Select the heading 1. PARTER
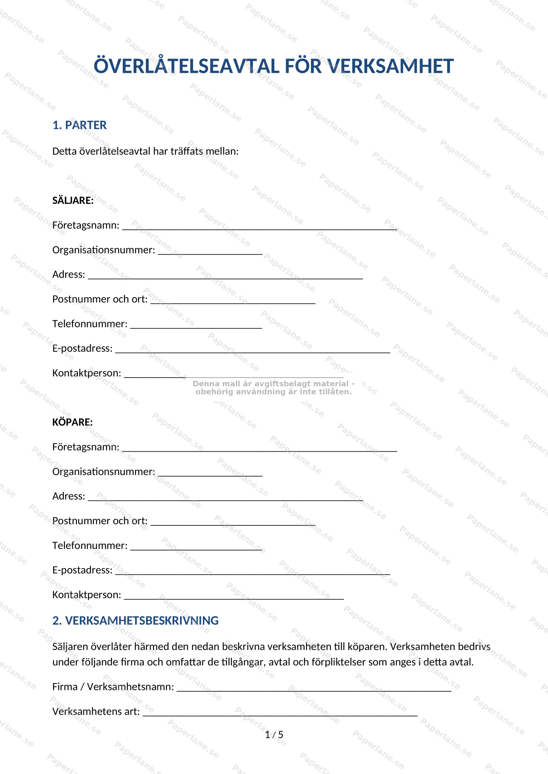point(79,125)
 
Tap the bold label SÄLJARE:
point(73,200)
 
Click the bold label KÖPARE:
point(73,422)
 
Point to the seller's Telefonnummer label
point(90,324)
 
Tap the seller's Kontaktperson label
point(87,373)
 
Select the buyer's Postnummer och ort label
point(100,521)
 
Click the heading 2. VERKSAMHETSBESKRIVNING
point(135,621)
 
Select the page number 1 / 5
point(274,735)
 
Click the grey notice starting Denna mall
point(274,388)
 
